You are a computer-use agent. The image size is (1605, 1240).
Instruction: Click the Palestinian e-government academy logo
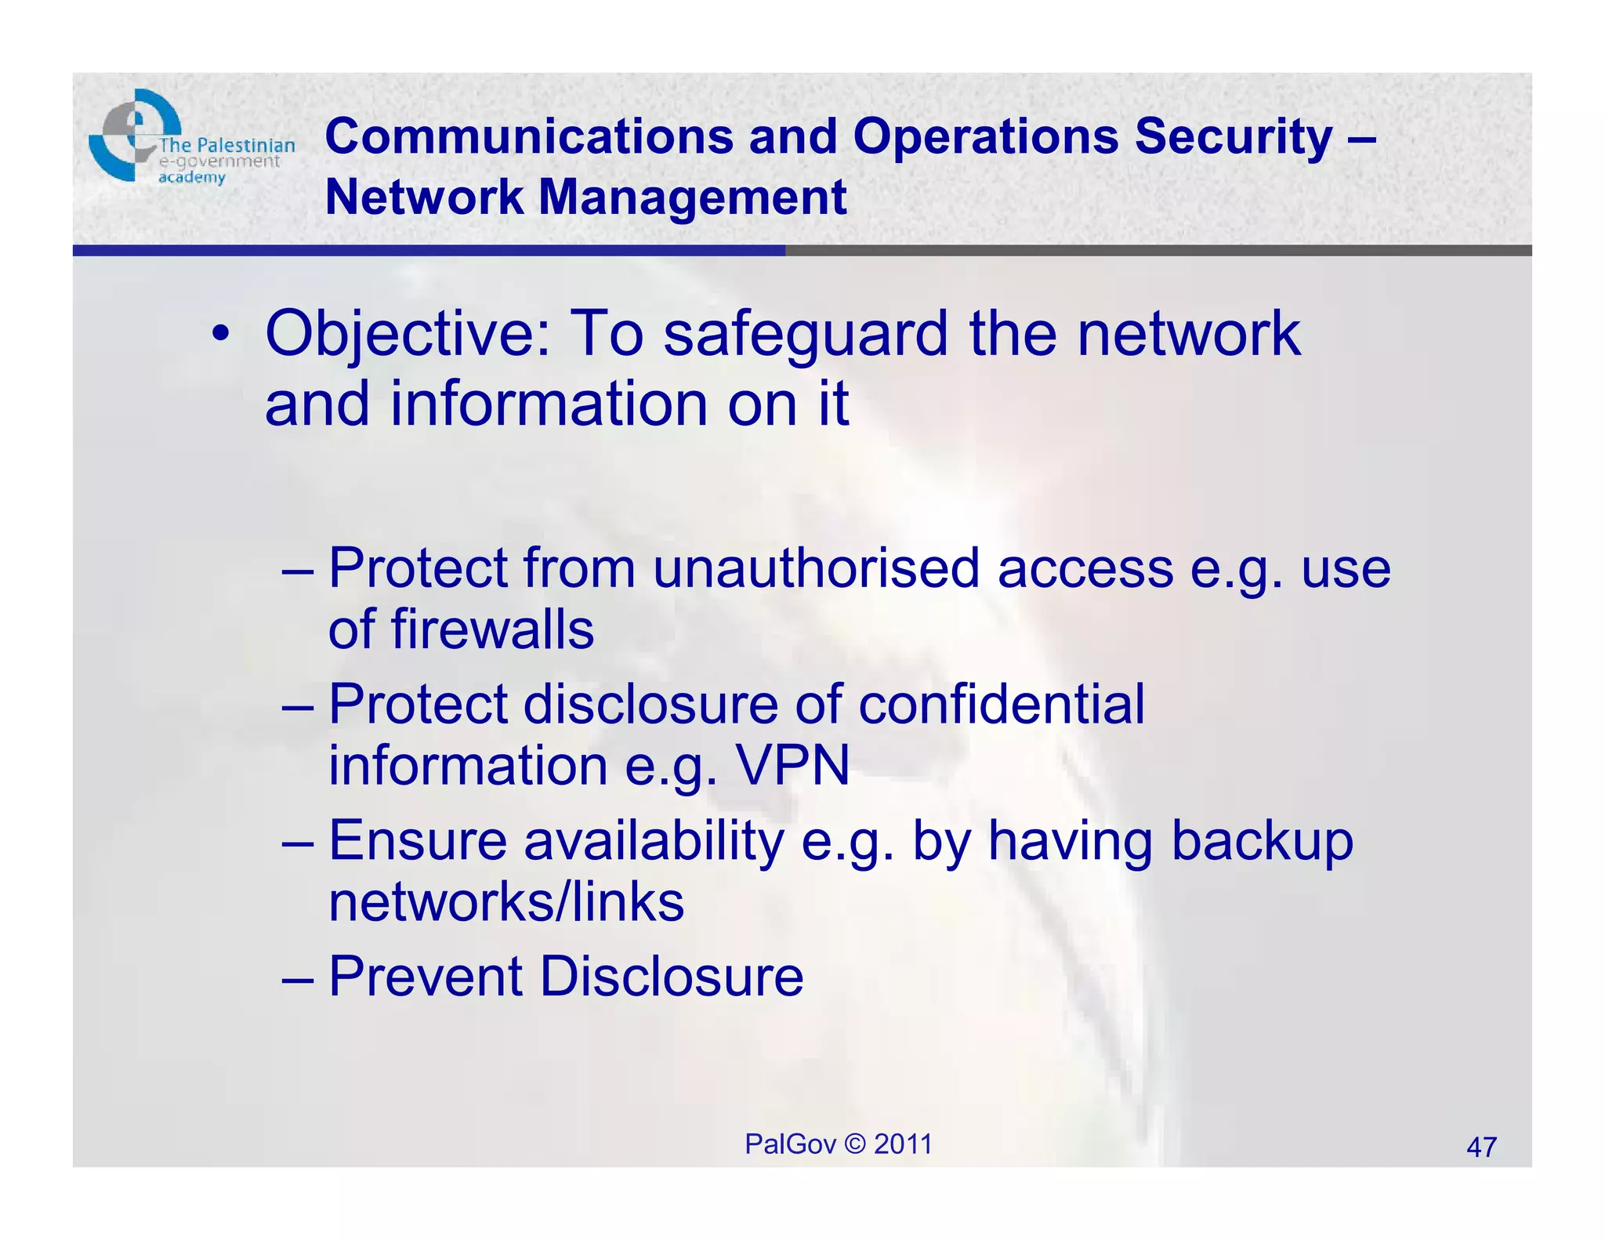(190, 140)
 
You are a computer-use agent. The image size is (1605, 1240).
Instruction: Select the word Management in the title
(692, 197)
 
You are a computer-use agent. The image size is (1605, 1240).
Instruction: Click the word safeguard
(806, 334)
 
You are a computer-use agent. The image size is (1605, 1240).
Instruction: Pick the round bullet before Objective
(221, 335)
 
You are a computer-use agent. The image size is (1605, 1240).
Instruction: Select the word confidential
(1001, 704)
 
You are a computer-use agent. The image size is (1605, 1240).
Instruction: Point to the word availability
(654, 841)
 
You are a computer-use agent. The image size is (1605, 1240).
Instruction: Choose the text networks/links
(506, 901)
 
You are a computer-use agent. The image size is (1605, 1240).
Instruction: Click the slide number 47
(1481, 1148)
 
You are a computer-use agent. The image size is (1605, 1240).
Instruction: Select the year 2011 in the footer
(903, 1144)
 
